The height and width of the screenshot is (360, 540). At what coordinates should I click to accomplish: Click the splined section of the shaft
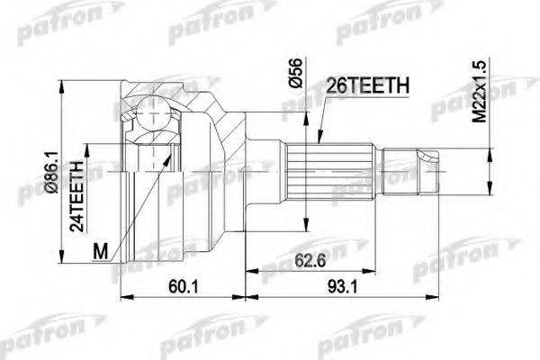(311, 166)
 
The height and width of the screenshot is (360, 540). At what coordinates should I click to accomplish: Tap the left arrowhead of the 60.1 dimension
(124, 296)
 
